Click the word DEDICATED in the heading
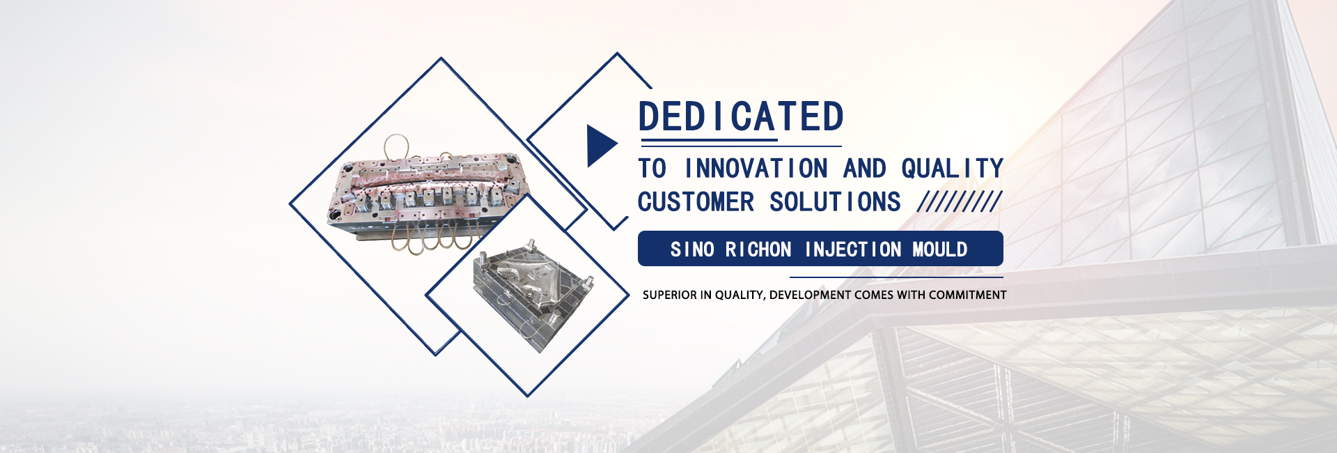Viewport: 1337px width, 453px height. pos(741,116)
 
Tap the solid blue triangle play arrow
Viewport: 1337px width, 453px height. pos(601,146)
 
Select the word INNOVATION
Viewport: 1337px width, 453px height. pos(756,169)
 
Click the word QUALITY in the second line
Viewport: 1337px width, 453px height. pos(952,169)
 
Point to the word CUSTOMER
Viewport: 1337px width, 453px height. pos(696,202)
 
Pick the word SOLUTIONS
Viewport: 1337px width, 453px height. pos(835,202)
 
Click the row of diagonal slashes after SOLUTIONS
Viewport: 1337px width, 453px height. pos(960,202)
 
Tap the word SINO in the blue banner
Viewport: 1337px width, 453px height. pos(692,249)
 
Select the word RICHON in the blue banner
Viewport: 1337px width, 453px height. pos(758,249)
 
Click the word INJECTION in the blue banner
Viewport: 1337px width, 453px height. pos(853,249)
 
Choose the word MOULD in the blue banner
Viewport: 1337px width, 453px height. pos(940,249)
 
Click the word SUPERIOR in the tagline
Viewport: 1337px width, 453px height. pos(670,295)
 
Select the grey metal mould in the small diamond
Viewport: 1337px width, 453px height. pos(533,293)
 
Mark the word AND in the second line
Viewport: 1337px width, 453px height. pos(864,169)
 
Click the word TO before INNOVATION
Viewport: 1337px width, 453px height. pos(652,169)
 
